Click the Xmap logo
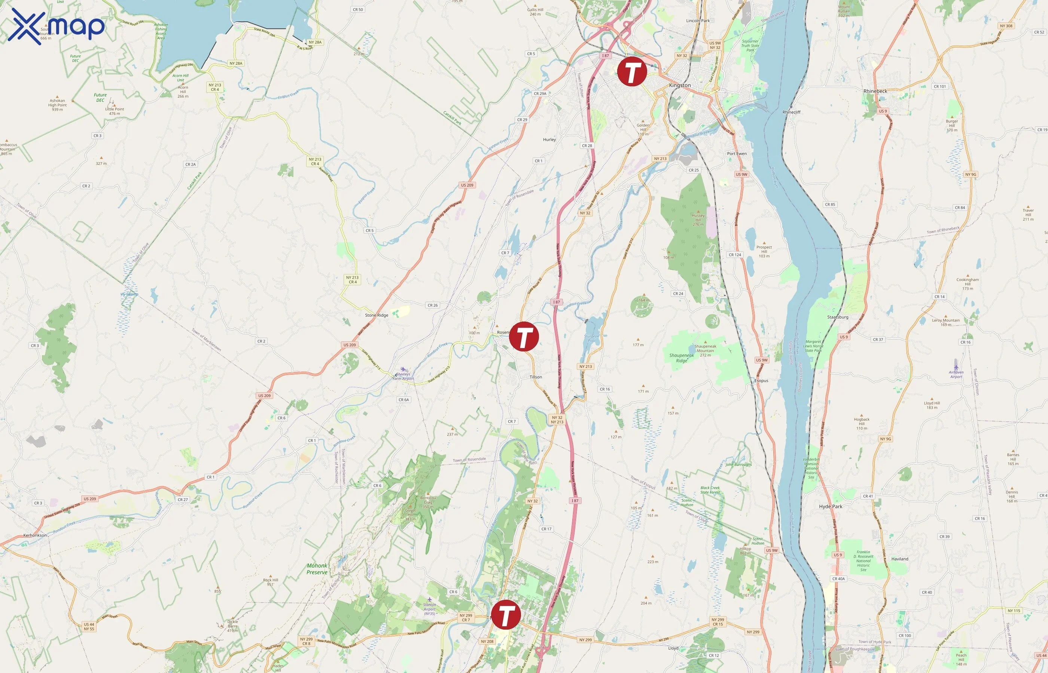click(56, 26)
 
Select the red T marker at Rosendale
click(524, 336)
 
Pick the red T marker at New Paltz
click(506, 614)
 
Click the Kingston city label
click(680, 85)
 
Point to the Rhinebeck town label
click(875, 91)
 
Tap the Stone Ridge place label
click(376, 315)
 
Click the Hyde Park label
click(830, 507)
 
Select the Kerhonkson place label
click(34, 535)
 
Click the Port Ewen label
click(737, 153)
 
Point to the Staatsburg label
click(837, 317)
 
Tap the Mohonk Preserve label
click(317, 569)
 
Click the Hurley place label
click(549, 139)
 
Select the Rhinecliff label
click(791, 112)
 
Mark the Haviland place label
click(899, 559)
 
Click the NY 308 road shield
click(1006, 26)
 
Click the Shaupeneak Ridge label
click(681, 358)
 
